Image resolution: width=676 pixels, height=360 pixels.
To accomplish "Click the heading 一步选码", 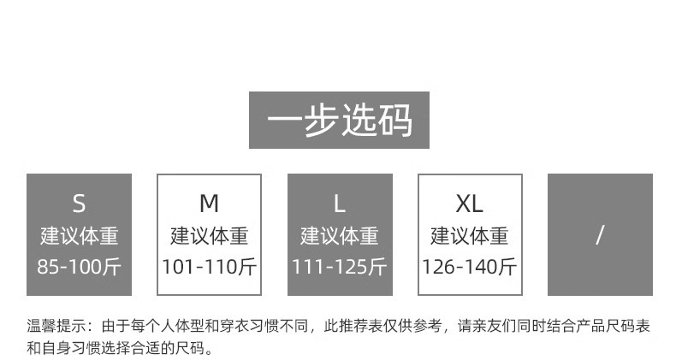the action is pos(339,121).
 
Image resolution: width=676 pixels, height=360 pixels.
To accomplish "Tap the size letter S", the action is pos(79,204).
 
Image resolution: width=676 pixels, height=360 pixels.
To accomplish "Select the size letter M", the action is pos(209,204).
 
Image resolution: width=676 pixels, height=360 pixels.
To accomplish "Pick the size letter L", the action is pos(340,204).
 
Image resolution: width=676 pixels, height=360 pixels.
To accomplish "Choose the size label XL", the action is pos(470,204).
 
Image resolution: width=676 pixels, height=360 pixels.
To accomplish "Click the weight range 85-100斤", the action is pos(79,266).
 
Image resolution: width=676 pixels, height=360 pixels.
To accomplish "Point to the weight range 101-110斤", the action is pos(209,266).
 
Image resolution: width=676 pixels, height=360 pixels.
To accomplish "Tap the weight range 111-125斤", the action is pos(340,266).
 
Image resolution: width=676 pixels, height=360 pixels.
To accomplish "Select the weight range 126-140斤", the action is pos(470,266).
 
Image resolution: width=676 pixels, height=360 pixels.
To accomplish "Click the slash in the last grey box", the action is pos(600,235).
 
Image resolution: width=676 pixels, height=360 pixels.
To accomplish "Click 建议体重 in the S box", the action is pos(79,235).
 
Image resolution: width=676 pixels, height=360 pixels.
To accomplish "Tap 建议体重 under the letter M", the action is pos(209,235).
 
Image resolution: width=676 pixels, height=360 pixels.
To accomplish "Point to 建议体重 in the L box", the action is pos(340,235).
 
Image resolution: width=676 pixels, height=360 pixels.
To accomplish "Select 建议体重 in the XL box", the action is pos(470,235).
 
